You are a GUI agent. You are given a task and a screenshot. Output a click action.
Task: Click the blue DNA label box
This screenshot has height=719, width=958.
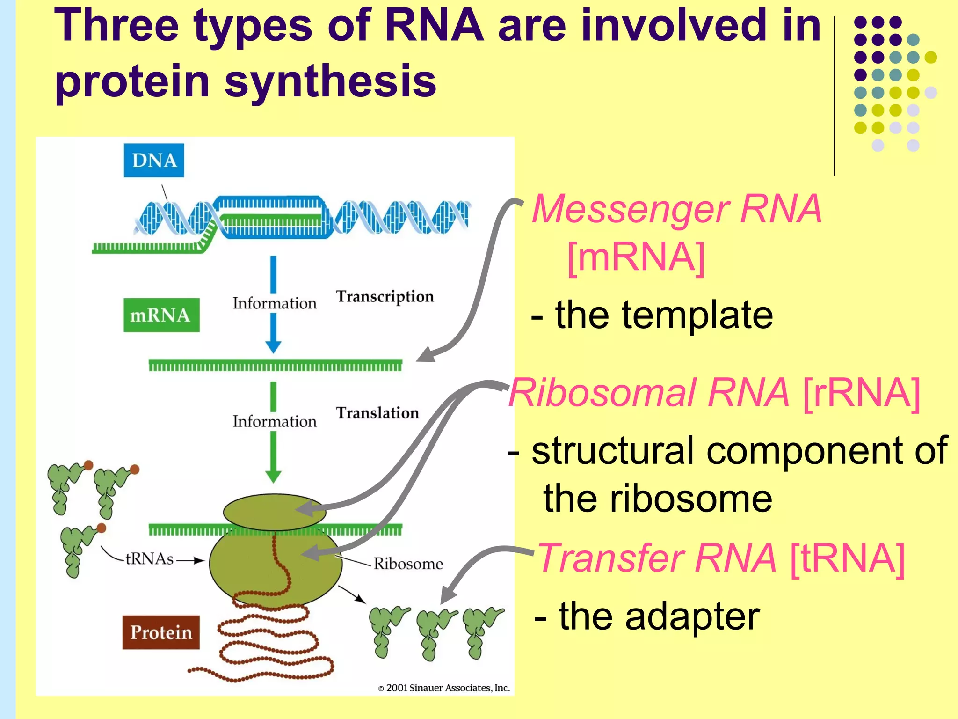click(154, 161)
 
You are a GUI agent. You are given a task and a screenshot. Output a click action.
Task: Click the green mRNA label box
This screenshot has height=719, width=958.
click(161, 315)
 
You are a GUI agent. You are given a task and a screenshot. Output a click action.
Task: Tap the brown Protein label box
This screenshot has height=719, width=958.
click(161, 632)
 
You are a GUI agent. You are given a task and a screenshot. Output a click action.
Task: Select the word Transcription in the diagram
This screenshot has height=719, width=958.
click(385, 297)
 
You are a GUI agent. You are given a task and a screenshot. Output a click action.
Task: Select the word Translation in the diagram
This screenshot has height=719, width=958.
click(377, 413)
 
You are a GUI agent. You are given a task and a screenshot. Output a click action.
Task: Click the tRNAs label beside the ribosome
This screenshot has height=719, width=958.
click(150, 559)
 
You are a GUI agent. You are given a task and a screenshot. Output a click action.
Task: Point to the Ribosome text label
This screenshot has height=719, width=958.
click(408, 564)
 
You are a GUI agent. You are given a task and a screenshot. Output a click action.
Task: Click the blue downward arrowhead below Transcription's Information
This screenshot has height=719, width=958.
click(273, 346)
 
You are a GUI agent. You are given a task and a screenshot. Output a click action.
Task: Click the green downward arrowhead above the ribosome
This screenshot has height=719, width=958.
click(273, 476)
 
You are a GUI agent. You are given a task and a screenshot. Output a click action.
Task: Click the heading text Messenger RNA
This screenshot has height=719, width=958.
click(677, 209)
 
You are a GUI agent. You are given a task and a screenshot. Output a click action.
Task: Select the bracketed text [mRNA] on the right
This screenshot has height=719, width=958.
click(636, 257)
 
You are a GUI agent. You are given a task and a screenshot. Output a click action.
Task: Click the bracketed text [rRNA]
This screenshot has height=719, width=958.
click(862, 393)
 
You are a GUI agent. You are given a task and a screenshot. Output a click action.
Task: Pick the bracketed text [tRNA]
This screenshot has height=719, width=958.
click(847, 558)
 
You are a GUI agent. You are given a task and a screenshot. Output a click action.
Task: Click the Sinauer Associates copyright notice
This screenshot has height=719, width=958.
click(444, 688)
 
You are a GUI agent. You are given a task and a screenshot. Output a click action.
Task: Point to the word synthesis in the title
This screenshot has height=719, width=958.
click(330, 81)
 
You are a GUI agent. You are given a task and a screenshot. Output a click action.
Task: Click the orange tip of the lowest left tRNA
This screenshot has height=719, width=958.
click(102, 528)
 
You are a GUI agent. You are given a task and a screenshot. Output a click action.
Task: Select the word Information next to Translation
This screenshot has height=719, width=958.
click(275, 421)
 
